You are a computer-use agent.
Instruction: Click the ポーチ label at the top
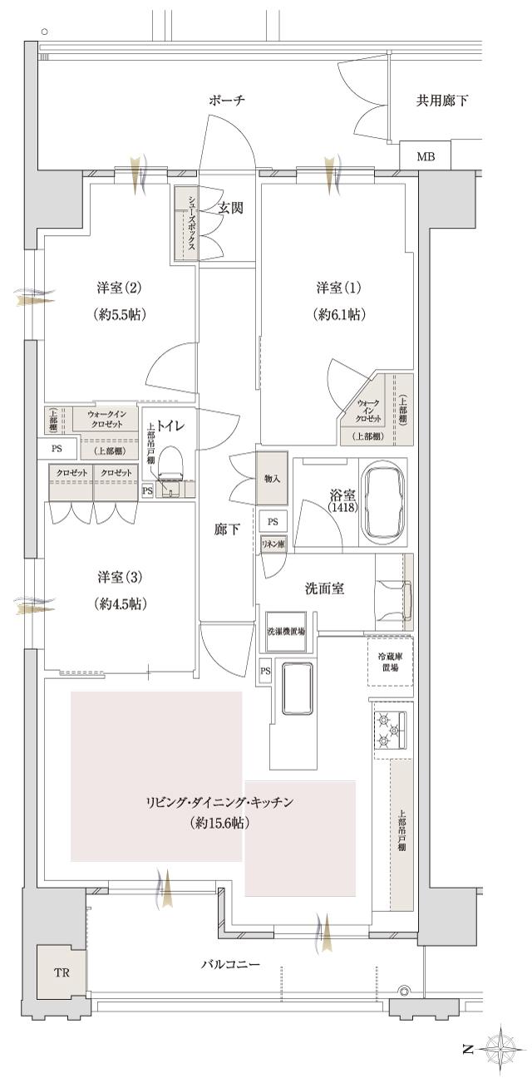[x=226, y=101]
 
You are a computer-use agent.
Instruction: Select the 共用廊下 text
[x=441, y=101]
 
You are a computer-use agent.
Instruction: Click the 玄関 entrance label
[x=230, y=208]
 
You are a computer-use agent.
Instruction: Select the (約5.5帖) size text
[x=121, y=315]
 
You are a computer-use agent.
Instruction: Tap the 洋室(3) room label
[x=121, y=577]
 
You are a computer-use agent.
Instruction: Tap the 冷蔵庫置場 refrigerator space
[x=389, y=661]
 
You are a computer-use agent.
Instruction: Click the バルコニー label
[x=230, y=965]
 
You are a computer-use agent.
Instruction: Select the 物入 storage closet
[x=270, y=479]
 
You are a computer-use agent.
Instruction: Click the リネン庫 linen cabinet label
[x=272, y=543]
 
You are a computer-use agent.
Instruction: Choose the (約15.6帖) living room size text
[x=219, y=824]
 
